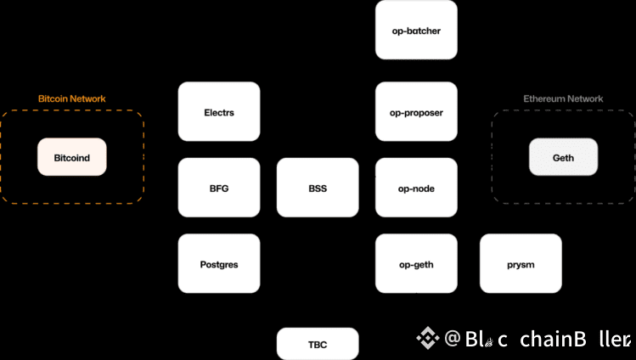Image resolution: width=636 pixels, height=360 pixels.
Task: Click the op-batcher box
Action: tap(416, 30)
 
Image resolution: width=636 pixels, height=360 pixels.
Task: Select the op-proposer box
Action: tap(416, 112)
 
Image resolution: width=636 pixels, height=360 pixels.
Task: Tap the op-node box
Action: tap(416, 188)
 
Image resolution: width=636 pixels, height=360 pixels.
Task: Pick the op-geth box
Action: tap(416, 264)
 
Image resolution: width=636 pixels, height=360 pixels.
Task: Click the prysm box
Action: tap(521, 264)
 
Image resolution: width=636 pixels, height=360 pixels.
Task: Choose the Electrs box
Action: tap(219, 111)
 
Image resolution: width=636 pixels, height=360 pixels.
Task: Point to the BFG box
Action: tap(219, 188)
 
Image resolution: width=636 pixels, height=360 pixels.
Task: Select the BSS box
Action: tap(318, 188)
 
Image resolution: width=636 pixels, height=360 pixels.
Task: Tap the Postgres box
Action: tap(219, 264)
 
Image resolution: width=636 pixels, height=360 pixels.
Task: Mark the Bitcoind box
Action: tap(72, 157)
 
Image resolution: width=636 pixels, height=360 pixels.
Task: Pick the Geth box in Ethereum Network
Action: tap(563, 157)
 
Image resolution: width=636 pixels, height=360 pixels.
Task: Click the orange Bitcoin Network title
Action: tap(72, 98)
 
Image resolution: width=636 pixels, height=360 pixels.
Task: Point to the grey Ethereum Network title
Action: tap(563, 98)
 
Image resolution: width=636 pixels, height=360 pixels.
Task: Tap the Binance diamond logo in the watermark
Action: tap(427, 339)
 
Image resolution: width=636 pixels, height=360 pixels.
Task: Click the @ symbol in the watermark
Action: tap(453, 339)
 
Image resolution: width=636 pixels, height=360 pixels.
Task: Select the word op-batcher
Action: tap(416, 31)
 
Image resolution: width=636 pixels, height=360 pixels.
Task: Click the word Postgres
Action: tap(219, 265)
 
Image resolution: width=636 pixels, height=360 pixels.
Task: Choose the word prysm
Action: tap(521, 265)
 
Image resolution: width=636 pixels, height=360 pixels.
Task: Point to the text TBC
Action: tap(318, 344)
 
